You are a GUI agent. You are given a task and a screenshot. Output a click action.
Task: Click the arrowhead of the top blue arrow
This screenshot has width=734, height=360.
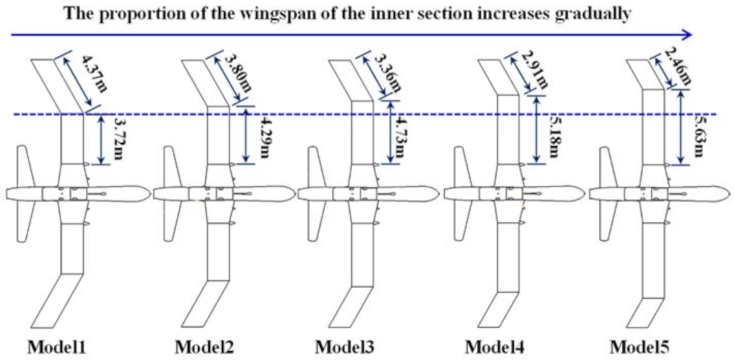coord(687,35)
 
